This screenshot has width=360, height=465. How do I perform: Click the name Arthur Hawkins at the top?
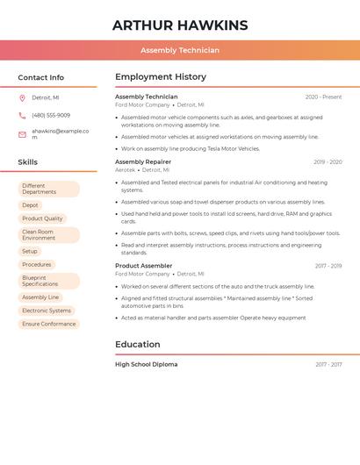(180, 25)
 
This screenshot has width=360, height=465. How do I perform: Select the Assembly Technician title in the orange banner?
(180, 51)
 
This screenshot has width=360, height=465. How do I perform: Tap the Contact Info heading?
(40, 77)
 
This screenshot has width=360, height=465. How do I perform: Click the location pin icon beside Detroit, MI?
(22, 98)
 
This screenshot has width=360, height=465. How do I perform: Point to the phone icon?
(22, 116)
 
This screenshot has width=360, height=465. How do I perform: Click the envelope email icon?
(22, 134)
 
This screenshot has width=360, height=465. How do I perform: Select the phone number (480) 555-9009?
(51, 116)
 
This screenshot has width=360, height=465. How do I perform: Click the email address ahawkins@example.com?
(60, 133)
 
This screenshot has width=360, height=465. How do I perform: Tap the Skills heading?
(27, 162)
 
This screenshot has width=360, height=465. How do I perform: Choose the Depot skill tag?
(30, 205)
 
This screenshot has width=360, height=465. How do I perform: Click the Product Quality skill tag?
(42, 218)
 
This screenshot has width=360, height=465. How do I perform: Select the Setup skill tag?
(30, 252)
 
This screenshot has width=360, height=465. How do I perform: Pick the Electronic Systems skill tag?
(47, 311)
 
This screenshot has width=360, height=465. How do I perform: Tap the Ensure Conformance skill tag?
(49, 324)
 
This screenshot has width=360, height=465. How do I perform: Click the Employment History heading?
(161, 77)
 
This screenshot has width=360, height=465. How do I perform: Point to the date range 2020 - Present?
(323, 97)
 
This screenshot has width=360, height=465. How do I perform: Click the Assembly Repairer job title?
(143, 162)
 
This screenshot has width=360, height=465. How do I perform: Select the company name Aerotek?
(126, 170)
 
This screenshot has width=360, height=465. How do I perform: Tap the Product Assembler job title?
(144, 266)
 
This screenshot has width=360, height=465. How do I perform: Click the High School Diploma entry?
(146, 364)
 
